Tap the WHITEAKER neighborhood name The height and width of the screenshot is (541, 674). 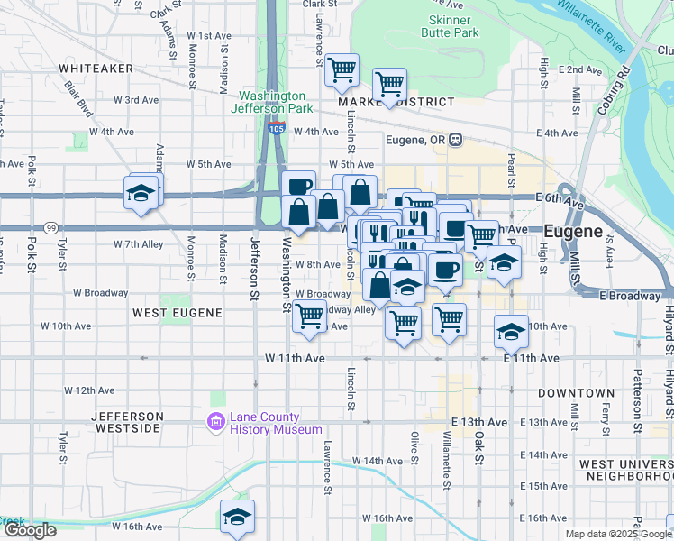tap(96, 69)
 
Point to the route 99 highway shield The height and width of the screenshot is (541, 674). tap(51, 228)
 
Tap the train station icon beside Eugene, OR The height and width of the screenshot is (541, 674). tap(457, 140)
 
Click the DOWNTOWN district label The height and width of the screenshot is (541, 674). tap(576, 394)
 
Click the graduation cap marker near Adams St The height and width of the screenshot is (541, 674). tap(141, 193)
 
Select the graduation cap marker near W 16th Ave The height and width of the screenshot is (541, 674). tap(237, 517)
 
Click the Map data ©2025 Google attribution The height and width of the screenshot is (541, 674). tap(618, 534)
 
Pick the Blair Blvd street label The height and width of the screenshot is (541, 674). tap(77, 98)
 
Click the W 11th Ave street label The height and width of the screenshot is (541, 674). tap(295, 358)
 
